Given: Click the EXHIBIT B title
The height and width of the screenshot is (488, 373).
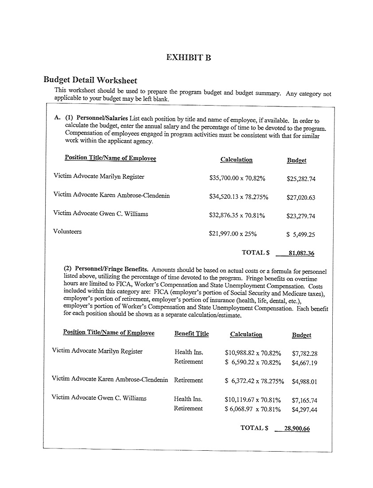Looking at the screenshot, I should tap(188, 58).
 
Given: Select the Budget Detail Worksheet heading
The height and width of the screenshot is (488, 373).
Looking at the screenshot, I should tap(90, 80).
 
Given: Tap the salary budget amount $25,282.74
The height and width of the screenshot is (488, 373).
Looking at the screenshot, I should tap(301, 179).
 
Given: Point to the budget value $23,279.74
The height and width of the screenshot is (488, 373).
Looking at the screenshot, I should tap(301, 216).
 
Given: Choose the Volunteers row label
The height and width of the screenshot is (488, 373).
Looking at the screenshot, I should tap(67, 232).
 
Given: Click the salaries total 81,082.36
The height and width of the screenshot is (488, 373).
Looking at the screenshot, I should tap(301, 253).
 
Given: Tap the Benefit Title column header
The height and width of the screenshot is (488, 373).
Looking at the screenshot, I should tap(191, 334).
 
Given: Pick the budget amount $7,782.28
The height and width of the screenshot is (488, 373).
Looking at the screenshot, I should tap(305, 354).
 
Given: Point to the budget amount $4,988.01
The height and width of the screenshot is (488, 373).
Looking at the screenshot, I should tap(305, 382).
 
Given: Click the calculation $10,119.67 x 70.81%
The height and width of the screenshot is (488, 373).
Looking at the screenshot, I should tap(253, 400).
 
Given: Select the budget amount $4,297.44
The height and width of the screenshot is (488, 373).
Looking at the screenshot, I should tap(305, 410).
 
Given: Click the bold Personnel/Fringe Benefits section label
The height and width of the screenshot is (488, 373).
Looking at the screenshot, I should tap(112, 269).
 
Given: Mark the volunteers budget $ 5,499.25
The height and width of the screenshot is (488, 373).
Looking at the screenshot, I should tap(301, 235).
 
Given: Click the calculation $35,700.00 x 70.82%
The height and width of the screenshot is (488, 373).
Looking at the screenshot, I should tap(237, 178).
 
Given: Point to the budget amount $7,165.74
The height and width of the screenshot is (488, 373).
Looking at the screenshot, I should tap(305, 400).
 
